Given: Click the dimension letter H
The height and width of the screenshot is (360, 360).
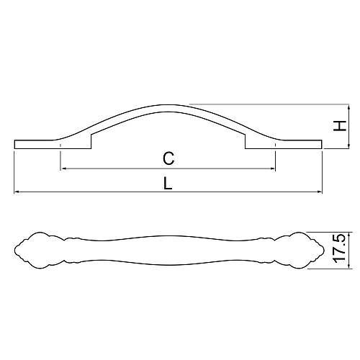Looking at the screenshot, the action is pos(340,126).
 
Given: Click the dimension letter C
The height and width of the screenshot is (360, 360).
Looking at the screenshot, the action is pos(168,158).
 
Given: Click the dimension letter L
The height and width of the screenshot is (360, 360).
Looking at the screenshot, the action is pos(168,184).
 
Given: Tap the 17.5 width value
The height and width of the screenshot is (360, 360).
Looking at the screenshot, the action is pos(339,248).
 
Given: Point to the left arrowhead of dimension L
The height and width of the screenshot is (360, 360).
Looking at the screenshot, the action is pos(17,192).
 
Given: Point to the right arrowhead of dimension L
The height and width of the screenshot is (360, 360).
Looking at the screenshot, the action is pos(320,192).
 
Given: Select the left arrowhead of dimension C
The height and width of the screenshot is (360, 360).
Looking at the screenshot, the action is pos(63,168).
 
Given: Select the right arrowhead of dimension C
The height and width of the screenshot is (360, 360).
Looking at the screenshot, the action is pos(273,168).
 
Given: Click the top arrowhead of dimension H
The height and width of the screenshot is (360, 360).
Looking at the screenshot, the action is pos(348,107).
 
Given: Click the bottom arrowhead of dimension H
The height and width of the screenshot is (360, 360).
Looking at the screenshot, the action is pos(348,146).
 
